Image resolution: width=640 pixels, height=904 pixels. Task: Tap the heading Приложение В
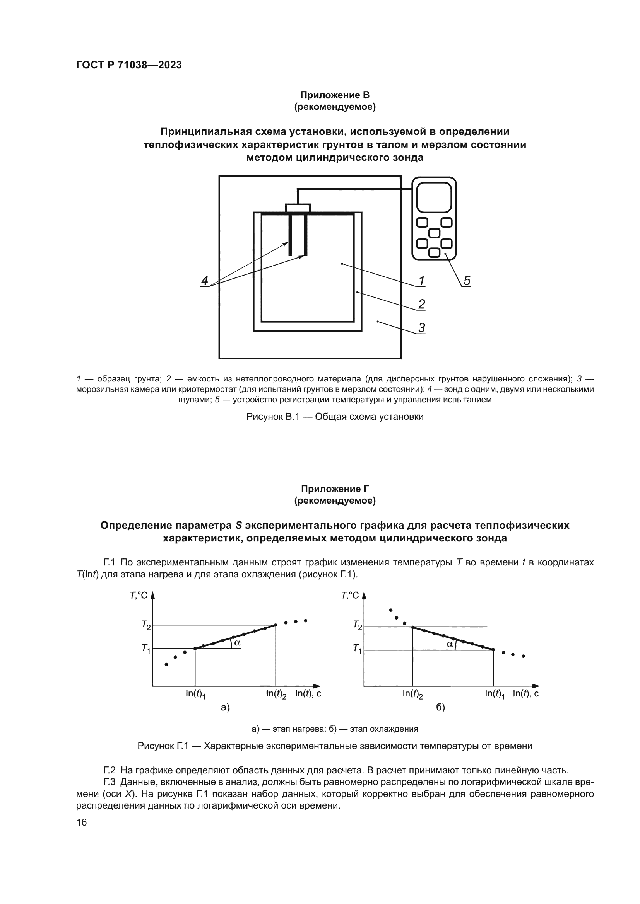click(335, 95)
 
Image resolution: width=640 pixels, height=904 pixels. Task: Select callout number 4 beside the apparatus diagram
click(205, 281)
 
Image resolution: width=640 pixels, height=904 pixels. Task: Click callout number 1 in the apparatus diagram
click(421, 281)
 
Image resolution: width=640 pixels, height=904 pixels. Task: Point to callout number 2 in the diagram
click(421, 304)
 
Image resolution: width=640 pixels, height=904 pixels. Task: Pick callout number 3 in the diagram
click(421, 328)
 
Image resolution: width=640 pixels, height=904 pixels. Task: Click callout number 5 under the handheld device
click(467, 281)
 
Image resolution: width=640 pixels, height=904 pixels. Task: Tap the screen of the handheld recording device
click(434, 197)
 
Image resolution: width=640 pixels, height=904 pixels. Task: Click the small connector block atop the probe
click(298, 208)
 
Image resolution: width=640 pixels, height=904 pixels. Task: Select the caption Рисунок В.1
click(335, 417)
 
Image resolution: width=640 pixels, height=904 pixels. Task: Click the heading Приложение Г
click(335, 489)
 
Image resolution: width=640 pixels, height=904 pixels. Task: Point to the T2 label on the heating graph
click(146, 625)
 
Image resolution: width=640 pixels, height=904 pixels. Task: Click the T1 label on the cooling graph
click(358, 649)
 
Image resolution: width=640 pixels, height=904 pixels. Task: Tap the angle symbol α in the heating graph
click(237, 642)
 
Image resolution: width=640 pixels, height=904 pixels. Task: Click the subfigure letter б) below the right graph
click(440, 707)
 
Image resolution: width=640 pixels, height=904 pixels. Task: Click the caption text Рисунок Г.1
click(335, 746)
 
